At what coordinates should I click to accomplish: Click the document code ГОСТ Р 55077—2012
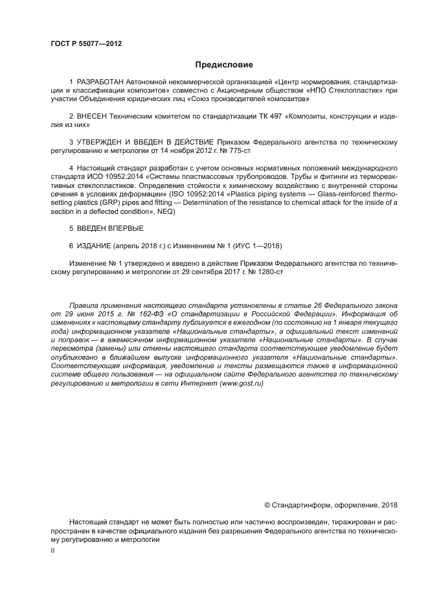[x=86, y=44]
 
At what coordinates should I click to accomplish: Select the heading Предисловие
[x=224, y=65]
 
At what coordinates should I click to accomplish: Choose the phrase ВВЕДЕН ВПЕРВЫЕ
[x=110, y=228]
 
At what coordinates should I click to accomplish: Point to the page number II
[x=53, y=550]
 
